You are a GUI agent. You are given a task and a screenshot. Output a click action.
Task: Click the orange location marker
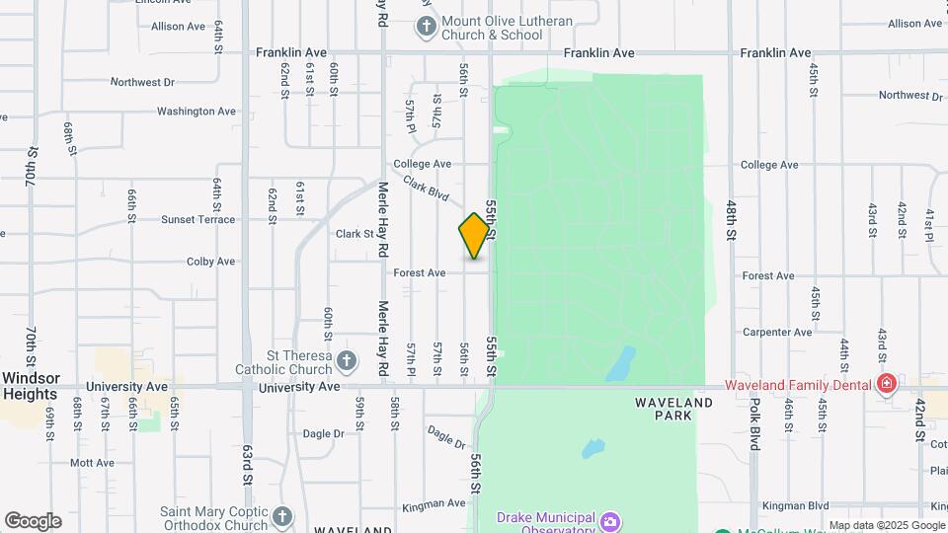coord(474,236)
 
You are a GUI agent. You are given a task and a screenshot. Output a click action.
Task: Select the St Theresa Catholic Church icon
coord(346,361)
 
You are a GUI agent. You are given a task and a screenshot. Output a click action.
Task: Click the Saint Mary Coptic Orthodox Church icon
coord(281,516)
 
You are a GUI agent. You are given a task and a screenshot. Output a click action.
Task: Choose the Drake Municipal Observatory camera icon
coord(610,520)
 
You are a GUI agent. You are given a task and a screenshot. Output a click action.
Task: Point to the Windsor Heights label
coord(31,386)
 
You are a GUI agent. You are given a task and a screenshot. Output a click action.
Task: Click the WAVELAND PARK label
coord(673,410)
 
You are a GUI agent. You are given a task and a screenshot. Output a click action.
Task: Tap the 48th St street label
coord(732,219)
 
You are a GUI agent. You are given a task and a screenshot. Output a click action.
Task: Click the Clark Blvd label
coord(426,189)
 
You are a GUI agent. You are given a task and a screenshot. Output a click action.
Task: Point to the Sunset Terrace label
coord(198,219)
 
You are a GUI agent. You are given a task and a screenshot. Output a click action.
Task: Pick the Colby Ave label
coord(211,262)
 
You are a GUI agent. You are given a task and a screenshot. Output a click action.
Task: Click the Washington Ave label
coord(197,112)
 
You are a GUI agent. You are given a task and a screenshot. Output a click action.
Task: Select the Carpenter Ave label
coord(777,333)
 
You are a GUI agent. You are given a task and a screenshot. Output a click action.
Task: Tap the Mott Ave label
coord(93,462)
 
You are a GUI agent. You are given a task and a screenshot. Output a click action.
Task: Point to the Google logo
coord(33,521)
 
